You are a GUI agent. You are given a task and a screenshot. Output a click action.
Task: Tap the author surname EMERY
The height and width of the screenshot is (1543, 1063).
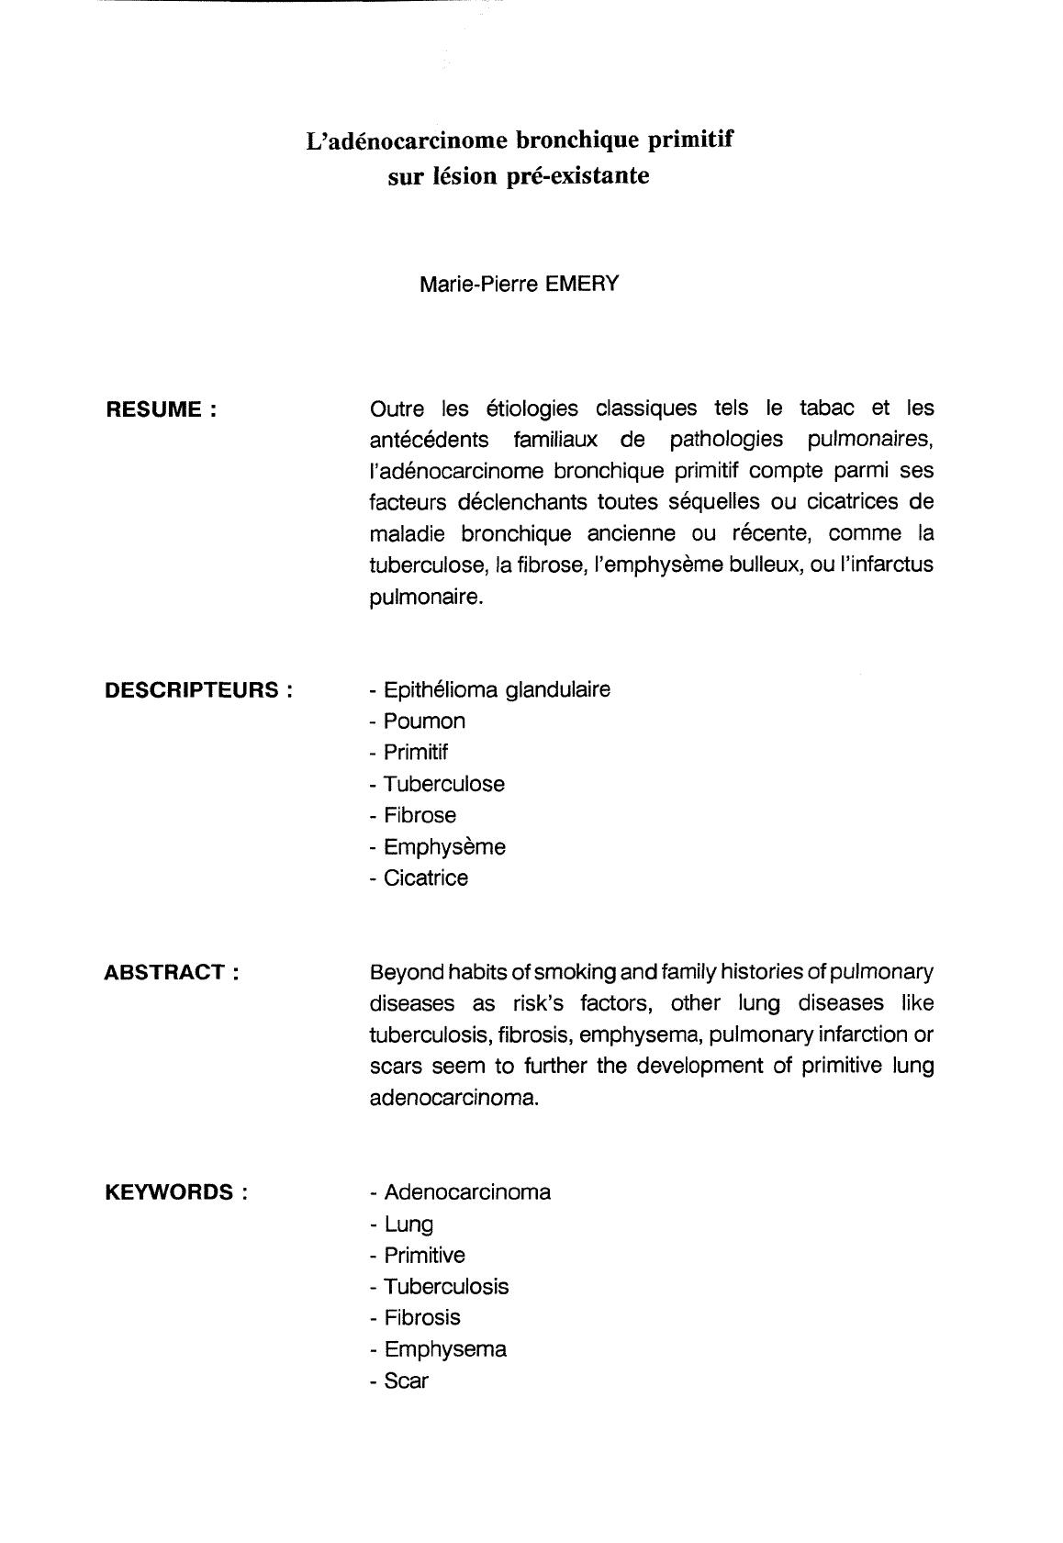point(582,284)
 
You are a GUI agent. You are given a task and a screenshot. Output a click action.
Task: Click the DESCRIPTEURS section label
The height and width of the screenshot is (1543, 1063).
point(199,690)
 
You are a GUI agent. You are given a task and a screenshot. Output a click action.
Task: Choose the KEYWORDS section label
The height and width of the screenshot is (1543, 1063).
point(176,1193)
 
